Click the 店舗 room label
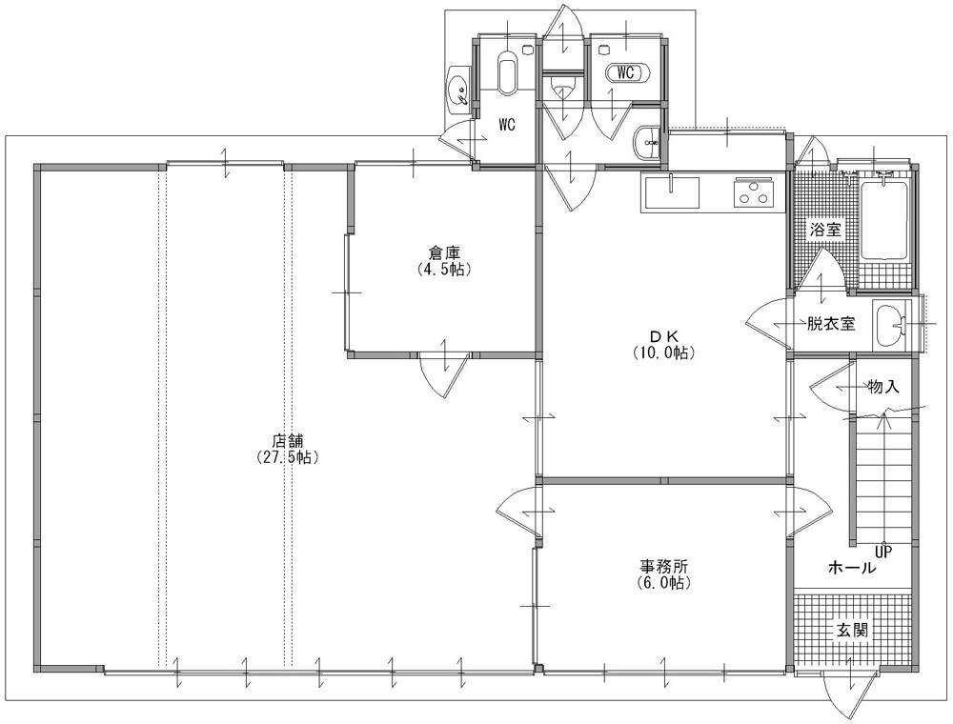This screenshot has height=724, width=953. [288, 440]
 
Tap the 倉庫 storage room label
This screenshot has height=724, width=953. [444, 252]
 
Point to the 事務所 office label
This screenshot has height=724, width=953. [663, 567]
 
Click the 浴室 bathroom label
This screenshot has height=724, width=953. [825, 230]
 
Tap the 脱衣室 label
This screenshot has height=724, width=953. [831, 324]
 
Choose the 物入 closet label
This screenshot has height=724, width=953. [883, 387]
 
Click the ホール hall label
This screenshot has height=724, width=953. [853, 569]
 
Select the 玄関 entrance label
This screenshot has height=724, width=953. [852, 631]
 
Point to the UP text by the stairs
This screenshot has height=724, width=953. [882, 552]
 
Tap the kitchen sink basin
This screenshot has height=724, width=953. [672, 191]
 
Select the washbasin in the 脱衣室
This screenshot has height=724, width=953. [890, 324]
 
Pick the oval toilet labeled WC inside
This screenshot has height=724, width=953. [627, 73]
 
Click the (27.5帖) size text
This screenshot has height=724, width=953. [288, 457]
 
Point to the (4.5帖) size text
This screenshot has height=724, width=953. [444, 269]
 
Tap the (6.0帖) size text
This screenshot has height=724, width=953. [663, 583]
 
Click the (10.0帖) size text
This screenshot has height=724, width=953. [664, 352]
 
